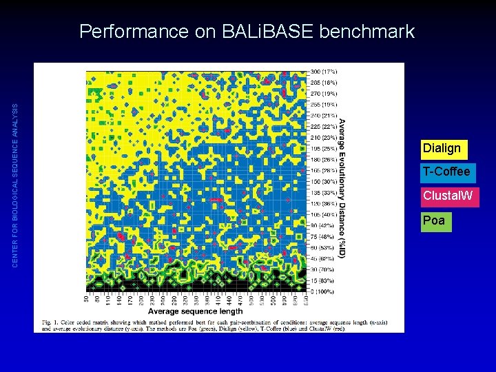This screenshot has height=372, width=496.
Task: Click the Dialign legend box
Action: [442, 148]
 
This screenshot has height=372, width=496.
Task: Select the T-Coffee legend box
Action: [446, 172]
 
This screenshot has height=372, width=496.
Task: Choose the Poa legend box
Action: [434, 221]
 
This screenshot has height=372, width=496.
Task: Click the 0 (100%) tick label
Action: [322, 291]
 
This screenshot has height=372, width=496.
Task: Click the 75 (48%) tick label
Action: [322, 236]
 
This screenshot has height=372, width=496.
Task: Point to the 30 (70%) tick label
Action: [322, 269]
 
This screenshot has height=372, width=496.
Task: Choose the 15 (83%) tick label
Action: [322, 280]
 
